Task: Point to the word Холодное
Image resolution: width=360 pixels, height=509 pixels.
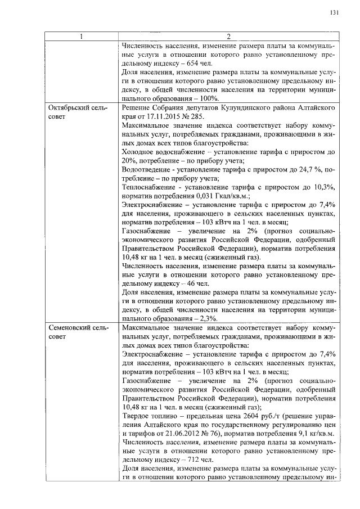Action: pos(138,151)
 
